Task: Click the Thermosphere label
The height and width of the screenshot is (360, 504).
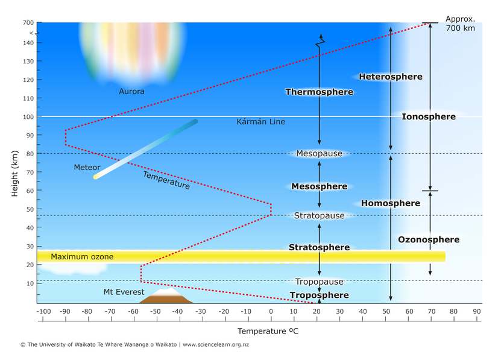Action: (x=319, y=92)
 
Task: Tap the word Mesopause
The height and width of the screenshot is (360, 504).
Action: (x=319, y=154)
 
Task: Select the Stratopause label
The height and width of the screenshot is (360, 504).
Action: (x=319, y=216)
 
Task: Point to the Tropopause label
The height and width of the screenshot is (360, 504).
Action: (x=319, y=282)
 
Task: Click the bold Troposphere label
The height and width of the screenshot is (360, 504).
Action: (x=319, y=295)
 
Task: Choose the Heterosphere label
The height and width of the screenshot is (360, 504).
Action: (x=390, y=77)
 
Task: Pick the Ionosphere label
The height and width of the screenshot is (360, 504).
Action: (x=428, y=116)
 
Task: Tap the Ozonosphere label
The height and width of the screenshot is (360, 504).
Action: (x=429, y=239)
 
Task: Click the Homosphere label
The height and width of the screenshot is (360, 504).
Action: (x=390, y=203)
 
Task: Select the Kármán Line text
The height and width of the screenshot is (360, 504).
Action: (x=260, y=122)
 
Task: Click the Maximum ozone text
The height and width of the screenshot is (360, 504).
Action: (x=82, y=257)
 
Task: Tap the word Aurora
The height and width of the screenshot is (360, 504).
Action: (x=131, y=91)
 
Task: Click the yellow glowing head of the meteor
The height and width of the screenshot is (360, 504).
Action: (x=96, y=176)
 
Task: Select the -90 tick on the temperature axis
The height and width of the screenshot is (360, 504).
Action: (x=65, y=311)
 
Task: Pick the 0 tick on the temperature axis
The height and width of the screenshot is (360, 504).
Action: (x=271, y=311)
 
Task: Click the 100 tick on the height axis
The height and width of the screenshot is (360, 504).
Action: (x=28, y=116)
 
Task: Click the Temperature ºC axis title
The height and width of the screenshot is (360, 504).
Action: (x=268, y=331)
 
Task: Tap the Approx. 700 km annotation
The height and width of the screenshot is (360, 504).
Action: (x=460, y=24)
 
